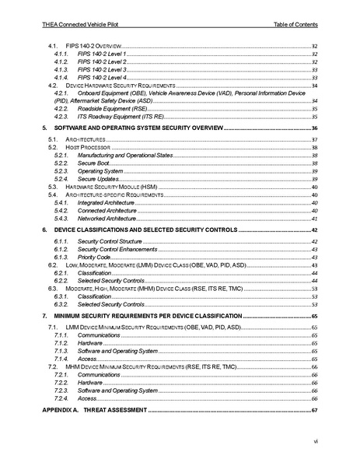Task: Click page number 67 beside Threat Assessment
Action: coord(315,409)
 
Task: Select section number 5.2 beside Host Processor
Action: coord(53,147)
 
